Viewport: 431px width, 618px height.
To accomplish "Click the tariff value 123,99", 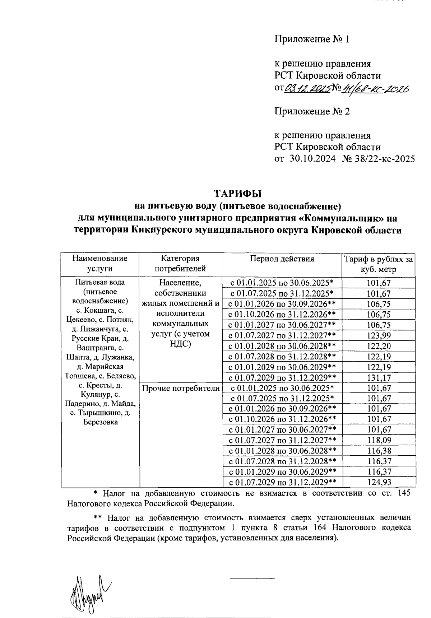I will coord(378,336).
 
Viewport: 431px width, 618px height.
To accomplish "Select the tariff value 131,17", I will coord(378,378).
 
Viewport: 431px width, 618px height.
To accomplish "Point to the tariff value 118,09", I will coord(378,440).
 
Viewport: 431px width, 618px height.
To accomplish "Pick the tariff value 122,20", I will coord(378,346).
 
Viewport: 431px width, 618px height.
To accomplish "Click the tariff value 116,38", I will coord(378,451).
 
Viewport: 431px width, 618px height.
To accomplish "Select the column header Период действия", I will coord(282,259).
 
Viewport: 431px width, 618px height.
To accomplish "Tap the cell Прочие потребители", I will coord(181,388).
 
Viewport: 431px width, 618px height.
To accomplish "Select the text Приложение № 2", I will coord(312,111).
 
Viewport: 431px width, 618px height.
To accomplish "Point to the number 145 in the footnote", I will coord(404,493).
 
